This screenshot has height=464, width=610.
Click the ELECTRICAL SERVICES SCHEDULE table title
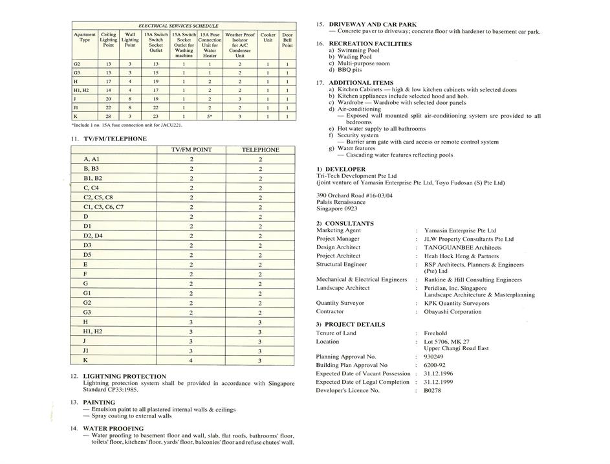179,26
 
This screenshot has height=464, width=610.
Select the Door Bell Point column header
287,40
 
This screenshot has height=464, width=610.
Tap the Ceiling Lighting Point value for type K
108,116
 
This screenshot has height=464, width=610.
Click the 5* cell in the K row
210,116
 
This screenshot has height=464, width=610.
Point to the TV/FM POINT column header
191,149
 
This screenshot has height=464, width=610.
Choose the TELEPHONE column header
260,149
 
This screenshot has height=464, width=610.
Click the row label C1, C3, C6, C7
103,207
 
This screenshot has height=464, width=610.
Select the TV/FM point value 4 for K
191,360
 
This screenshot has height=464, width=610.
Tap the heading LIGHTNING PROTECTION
124,376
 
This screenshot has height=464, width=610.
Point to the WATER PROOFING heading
113,428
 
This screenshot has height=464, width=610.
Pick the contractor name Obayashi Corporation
453,312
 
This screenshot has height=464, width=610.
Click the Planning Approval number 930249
434,357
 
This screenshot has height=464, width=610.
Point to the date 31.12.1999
439,382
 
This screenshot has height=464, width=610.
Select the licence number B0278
432,390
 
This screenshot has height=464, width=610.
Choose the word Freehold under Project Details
435,333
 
